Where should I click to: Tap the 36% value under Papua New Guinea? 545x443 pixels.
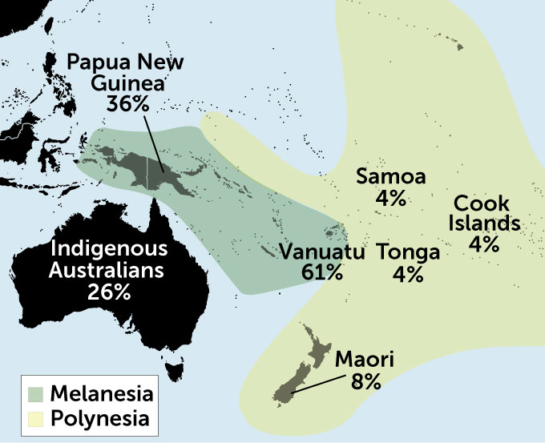127,103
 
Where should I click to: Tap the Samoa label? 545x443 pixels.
390,176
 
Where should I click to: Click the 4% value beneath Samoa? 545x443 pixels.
391,197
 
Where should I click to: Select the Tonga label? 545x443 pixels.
408,252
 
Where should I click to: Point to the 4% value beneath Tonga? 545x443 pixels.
408,274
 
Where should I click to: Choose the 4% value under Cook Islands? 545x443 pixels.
485,244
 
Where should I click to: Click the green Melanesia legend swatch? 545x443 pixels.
37,394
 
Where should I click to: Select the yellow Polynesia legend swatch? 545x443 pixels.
37,417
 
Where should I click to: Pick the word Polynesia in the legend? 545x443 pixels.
99,417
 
